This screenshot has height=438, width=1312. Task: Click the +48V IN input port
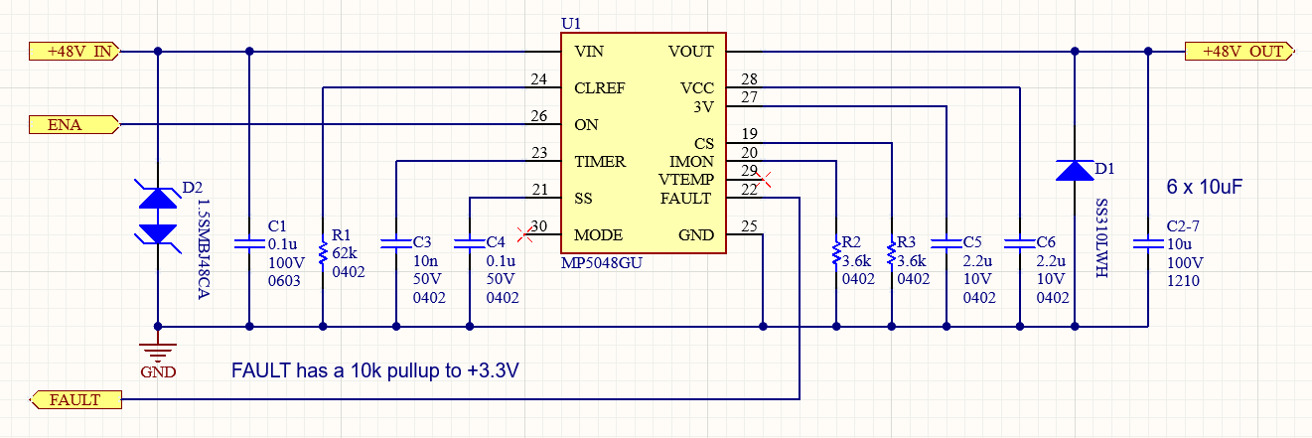[x=75, y=51]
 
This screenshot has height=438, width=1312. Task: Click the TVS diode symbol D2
[x=158, y=215]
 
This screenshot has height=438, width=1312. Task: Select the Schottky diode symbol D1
[x=1074, y=171]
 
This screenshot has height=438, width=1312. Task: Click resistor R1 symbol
[x=323, y=252]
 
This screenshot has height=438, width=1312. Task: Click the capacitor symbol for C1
[x=249, y=242]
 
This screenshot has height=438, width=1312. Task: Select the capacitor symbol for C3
[x=395, y=241]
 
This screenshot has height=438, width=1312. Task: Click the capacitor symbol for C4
[x=469, y=241]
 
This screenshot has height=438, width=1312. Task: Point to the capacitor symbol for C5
[x=946, y=241]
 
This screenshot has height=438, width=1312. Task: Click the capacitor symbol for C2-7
[x=1148, y=242]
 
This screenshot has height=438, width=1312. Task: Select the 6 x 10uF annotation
[x=1204, y=187]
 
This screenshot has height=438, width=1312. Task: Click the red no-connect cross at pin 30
[x=524, y=227]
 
